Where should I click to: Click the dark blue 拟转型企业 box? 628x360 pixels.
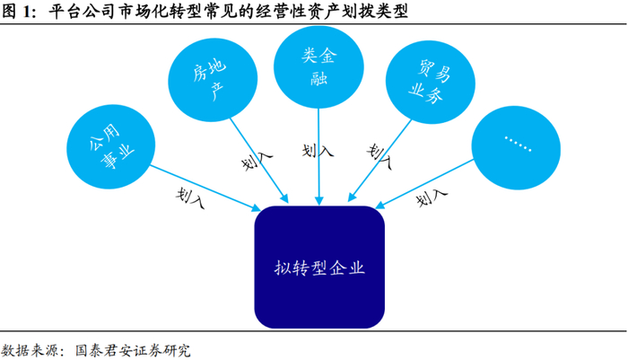(x=319, y=267)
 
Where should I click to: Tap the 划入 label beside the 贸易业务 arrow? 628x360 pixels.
(x=379, y=157)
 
